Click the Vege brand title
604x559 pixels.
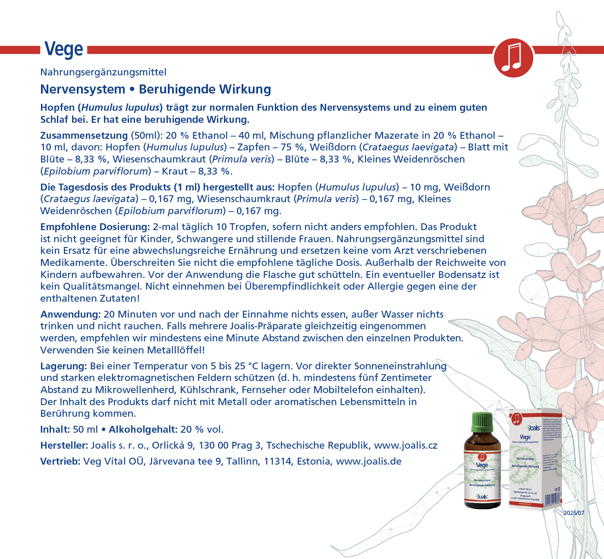[x=64, y=50]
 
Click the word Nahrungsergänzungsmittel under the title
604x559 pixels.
[x=103, y=72]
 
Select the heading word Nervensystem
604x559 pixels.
[x=82, y=89]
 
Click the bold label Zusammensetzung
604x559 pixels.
[x=84, y=135]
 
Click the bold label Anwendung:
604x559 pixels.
[x=70, y=314]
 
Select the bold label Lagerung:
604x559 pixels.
[x=64, y=366]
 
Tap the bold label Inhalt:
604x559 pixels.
[x=55, y=429]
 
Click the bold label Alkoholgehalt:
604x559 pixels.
[x=143, y=429]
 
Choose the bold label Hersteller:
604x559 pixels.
[x=64, y=445]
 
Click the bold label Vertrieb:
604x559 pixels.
[x=60, y=461]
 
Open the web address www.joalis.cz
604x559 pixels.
[x=405, y=445]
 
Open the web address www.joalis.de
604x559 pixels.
[x=368, y=461]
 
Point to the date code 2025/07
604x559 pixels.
[x=573, y=513]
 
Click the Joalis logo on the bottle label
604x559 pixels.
[x=482, y=497]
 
